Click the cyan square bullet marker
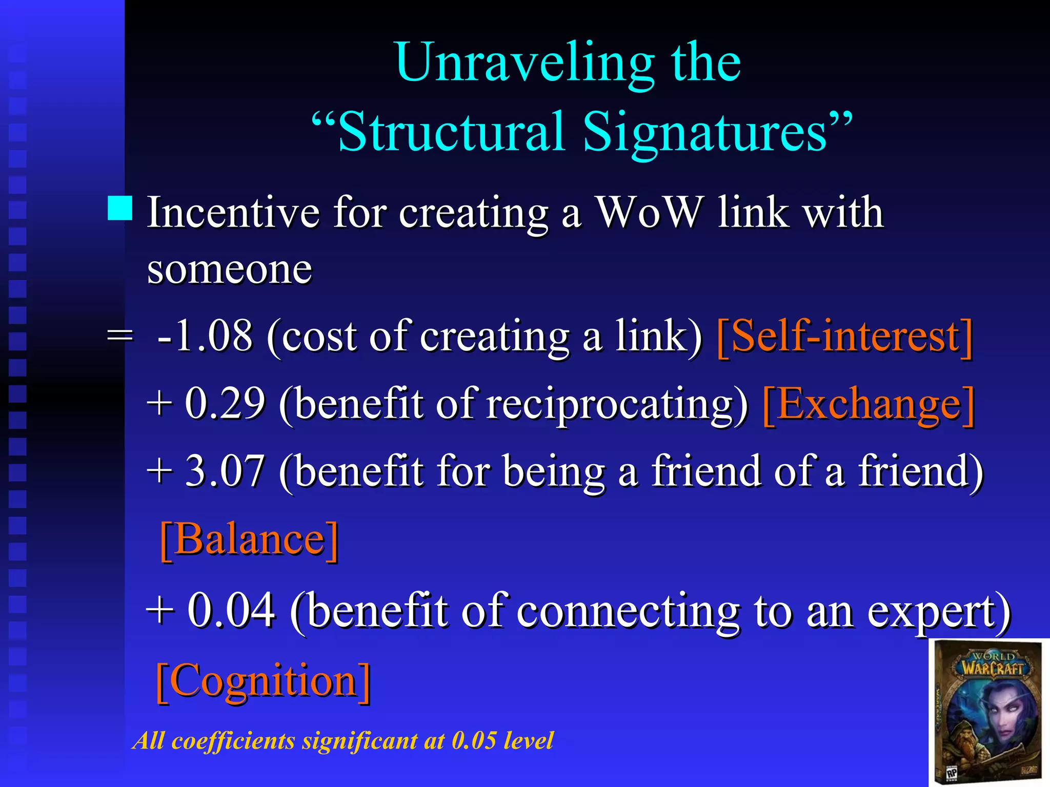120,208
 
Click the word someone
229,270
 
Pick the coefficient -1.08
205,336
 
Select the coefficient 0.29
225,404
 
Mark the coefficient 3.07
225,471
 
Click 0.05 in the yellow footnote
474,741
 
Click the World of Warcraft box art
988,712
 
